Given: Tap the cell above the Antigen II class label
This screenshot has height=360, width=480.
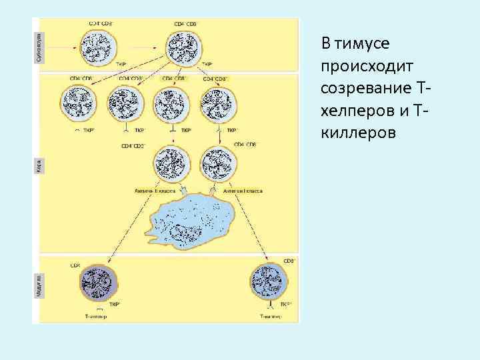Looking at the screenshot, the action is coord(171,165).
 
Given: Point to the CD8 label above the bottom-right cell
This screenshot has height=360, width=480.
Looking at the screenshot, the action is coord(290,261).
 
